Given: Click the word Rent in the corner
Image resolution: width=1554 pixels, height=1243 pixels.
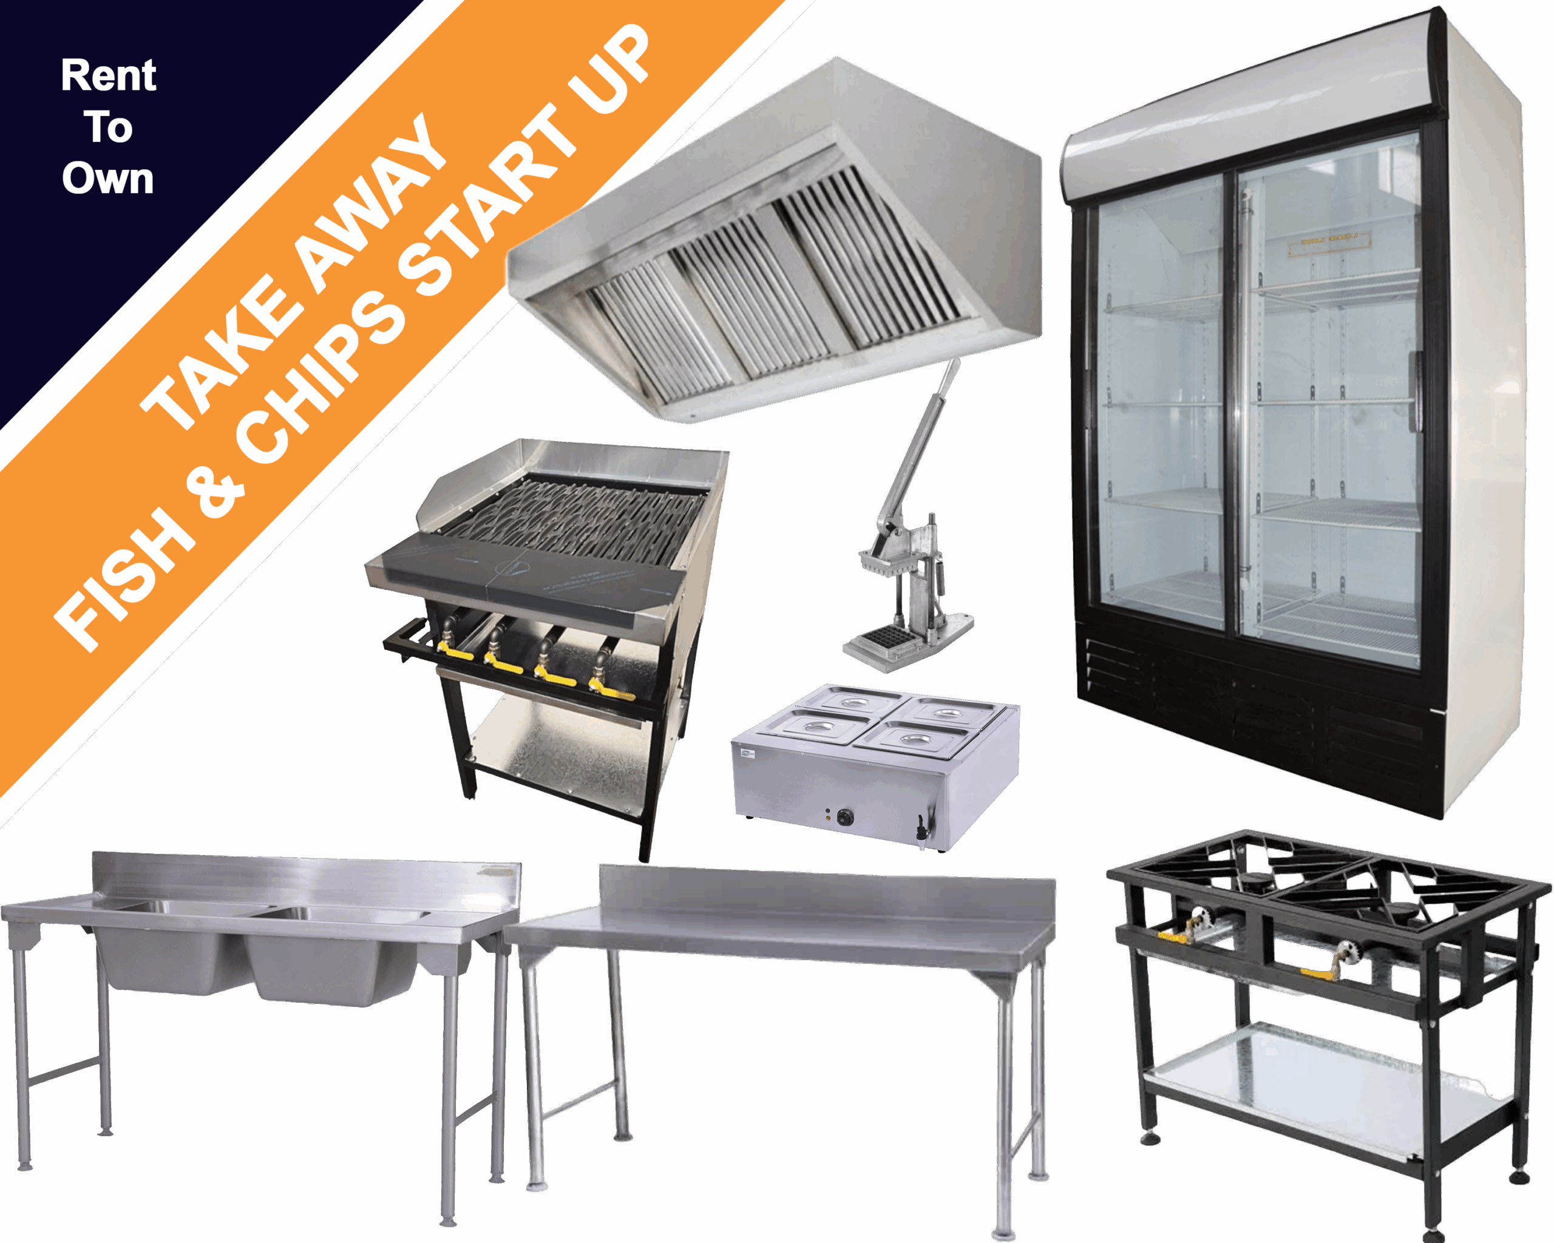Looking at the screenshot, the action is (x=108, y=76).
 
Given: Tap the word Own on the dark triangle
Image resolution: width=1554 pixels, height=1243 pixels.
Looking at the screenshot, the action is (x=108, y=178).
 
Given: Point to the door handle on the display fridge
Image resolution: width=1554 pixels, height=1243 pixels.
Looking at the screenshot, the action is (x=1416, y=393).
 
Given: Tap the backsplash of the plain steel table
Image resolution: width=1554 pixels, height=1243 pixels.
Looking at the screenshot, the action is (x=827, y=893).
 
